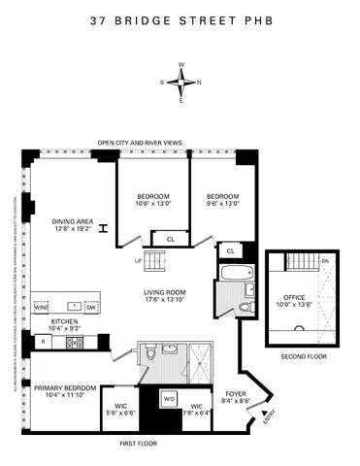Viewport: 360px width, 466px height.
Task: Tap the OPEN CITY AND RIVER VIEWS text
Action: point(140,143)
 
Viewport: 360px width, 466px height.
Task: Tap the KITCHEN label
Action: point(65,324)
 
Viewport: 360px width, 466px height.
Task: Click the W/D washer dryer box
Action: point(168,399)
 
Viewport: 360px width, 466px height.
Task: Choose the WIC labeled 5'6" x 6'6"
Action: point(122,409)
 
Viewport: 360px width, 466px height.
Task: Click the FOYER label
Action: point(236,394)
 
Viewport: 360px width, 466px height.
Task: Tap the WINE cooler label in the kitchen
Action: point(41,308)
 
